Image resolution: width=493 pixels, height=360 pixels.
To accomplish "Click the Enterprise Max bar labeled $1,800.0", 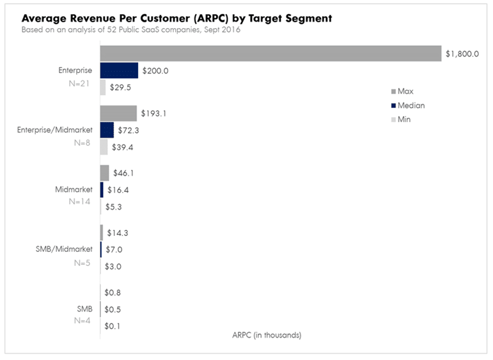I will (x=271, y=54).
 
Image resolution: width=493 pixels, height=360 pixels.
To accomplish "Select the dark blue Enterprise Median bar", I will (x=119, y=70).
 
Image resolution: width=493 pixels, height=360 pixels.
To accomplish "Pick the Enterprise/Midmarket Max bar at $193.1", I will (x=118, y=113).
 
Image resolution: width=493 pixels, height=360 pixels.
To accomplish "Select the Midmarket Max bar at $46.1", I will (x=105, y=173).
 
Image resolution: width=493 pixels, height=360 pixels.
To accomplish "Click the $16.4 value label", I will (x=116, y=190).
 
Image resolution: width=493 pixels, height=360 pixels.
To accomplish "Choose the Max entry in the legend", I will (x=405, y=91).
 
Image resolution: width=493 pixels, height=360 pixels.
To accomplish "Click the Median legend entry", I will (x=410, y=106).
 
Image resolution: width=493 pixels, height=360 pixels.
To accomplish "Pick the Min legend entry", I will (x=403, y=120).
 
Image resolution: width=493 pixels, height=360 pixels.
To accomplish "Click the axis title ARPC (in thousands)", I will (x=263, y=335).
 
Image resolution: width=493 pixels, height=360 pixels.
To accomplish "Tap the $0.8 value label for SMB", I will (x=113, y=293).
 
